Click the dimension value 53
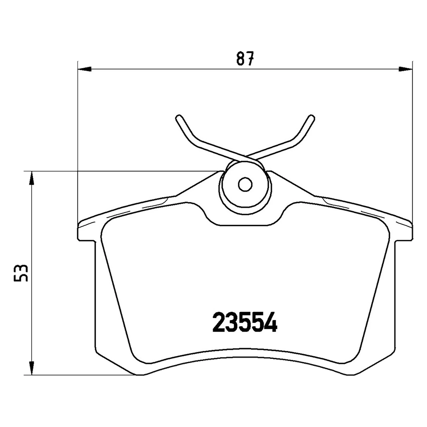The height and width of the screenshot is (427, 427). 21,273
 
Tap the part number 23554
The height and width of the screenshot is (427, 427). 245,323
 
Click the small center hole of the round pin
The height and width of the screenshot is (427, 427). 245,184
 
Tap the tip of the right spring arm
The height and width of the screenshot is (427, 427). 311,117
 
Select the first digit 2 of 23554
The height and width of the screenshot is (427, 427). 219,323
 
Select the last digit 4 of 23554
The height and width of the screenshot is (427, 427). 271,323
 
